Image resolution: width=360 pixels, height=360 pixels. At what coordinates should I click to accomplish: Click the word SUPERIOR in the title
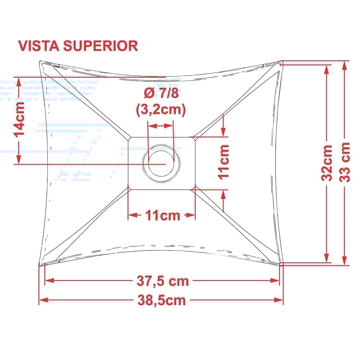coord(100,46)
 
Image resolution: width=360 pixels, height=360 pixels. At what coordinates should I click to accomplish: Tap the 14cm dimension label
coord(19,119)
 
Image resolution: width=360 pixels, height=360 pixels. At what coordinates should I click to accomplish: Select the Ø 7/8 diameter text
coord(161,93)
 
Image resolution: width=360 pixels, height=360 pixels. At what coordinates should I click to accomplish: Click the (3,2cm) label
coord(161,109)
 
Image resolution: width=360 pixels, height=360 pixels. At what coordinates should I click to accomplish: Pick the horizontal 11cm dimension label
coord(162,216)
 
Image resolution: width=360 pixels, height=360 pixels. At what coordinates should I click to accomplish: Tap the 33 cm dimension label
coord(345,162)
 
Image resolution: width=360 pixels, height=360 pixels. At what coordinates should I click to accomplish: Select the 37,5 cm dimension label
coord(163,281)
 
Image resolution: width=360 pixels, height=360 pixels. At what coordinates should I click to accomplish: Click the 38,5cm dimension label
coord(162,300)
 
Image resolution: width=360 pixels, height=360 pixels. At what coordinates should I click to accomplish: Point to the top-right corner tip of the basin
coord(281,62)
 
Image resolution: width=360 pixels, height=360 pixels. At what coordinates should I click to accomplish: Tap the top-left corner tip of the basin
coord(40,62)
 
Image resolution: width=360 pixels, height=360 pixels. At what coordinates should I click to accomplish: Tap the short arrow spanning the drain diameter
coord(161,126)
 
